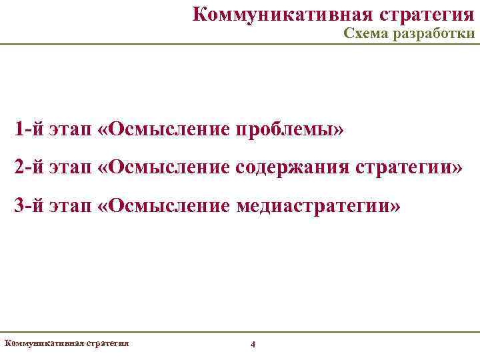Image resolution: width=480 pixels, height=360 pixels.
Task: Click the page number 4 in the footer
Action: (x=252, y=344)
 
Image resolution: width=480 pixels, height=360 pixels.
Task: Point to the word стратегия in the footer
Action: (x=107, y=343)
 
